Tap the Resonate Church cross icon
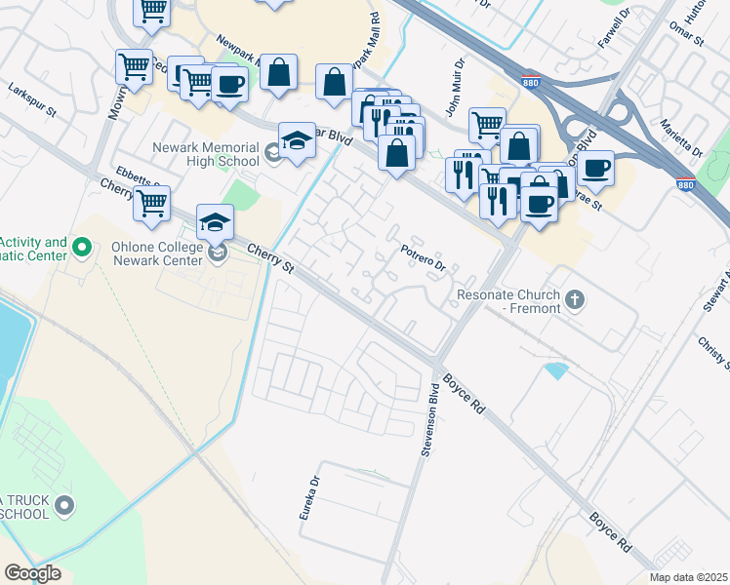[x=575, y=298]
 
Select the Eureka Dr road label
[x=309, y=497]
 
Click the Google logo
[x=32, y=572]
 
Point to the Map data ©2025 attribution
[x=689, y=577]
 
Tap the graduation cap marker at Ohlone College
[x=216, y=222]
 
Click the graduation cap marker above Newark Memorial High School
[x=297, y=140]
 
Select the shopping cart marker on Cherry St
[x=152, y=203]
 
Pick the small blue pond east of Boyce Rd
[x=556, y=370]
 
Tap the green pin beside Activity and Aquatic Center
[x=82, y=249]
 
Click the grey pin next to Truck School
[x=64, y=504]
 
